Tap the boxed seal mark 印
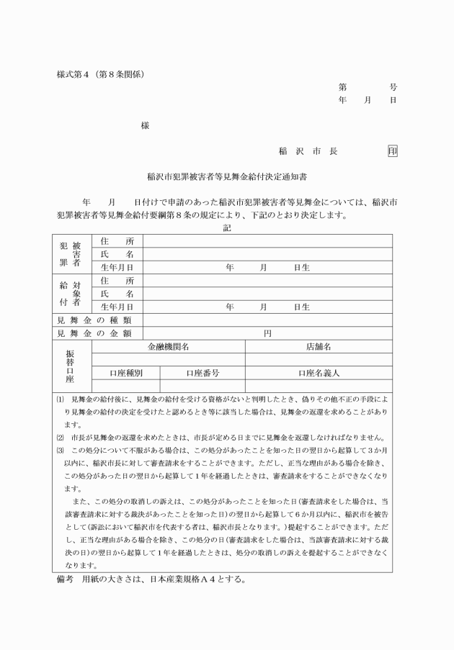(392, 151)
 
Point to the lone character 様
(145, 125)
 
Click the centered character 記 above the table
(228, 228)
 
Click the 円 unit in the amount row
(267, 333)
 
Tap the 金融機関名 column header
(169, 347)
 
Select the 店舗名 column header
(319, 347)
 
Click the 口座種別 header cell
(125, 374)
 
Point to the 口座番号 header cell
(202, 374)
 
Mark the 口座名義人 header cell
(319, 374)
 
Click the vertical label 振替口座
(70, 366)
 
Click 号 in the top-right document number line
(393, 87)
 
